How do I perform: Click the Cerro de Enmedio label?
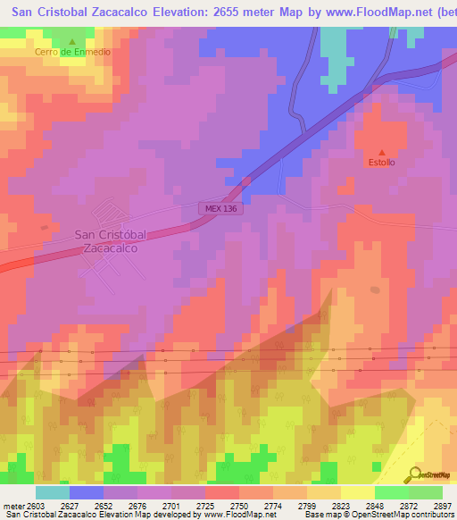(73, 52)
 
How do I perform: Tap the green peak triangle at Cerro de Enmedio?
(73, 41)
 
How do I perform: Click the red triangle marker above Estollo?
(382, 152)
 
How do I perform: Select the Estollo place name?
(382, 163)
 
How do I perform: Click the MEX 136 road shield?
(219, 208)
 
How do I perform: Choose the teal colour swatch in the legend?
(53, 492)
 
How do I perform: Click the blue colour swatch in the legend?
(87, 492)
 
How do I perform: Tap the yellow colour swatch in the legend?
(358, 492)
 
